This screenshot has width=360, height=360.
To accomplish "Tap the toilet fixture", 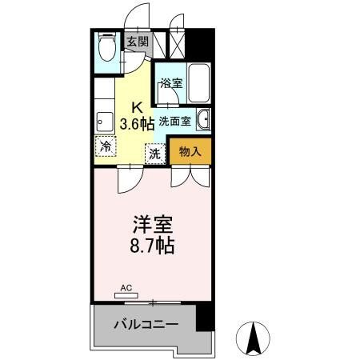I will point(106,49).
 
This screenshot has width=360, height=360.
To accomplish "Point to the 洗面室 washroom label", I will point(173,121).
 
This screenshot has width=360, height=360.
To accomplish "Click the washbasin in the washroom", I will point(203,120).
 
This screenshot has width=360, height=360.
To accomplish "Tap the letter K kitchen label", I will point(137,106).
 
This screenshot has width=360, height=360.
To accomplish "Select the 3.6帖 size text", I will point(137,123).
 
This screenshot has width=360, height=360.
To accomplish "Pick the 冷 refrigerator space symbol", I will point(105,146).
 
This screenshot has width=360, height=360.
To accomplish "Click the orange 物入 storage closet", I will point(190,151).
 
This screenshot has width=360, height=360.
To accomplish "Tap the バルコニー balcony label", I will point(144,324).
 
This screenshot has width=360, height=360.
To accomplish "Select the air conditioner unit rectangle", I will point(126,294).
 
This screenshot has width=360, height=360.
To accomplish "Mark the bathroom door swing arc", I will point(166,97).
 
